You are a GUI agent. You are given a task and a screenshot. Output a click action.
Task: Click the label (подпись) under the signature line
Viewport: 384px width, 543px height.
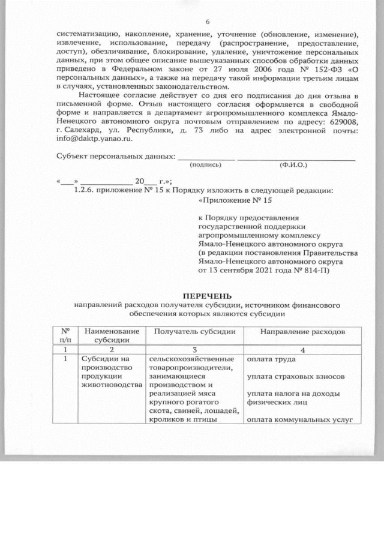pos(204,164)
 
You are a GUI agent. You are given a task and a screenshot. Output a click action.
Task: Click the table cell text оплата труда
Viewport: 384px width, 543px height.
pos(266,359)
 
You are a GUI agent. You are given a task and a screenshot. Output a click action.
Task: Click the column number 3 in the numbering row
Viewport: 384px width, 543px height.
pos(194,349)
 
